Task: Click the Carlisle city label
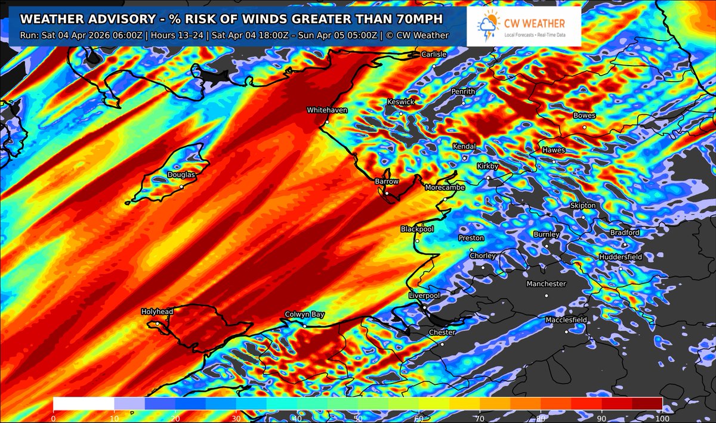434,54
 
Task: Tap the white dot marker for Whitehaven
327,122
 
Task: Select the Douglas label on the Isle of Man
181,175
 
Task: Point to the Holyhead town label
157,312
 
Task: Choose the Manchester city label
546,284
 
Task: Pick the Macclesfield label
566,321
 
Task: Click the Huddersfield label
621,257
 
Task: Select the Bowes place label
584,116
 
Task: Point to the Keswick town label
400,102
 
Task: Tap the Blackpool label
416,229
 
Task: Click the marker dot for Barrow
387,193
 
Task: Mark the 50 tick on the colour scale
357,418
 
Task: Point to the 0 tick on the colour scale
54,418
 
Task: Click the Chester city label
442,332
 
